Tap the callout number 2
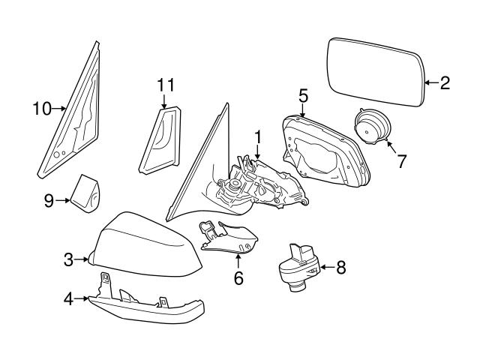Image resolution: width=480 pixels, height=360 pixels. [x=445, y=83]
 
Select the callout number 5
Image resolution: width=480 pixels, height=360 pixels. [x=303, y=95]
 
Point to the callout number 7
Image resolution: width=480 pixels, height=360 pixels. [x=402, y=160]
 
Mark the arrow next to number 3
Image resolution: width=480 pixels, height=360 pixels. [x=81, y=260]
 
